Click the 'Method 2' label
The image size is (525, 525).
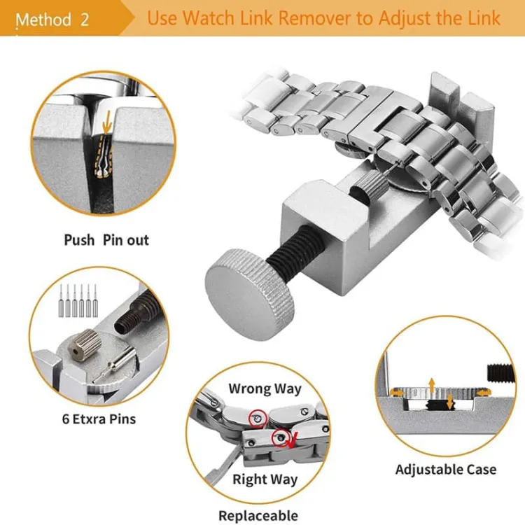52,19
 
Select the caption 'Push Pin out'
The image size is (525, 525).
106,240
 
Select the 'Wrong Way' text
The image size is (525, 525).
265,388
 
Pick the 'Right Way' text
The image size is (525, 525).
265,479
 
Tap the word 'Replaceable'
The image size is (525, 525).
258,516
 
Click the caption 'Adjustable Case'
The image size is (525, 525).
446,470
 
